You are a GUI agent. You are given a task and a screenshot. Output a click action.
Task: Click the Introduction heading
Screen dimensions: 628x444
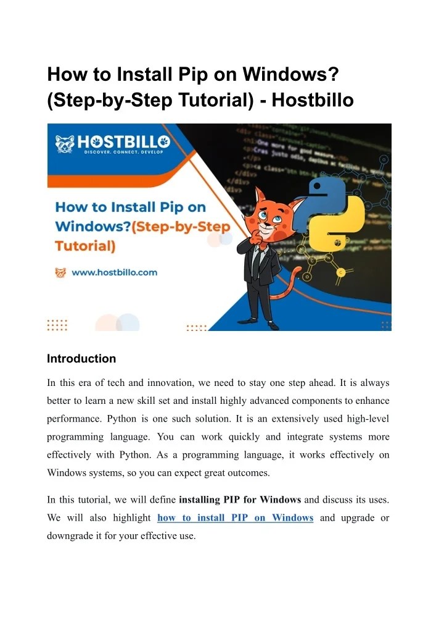pyautogui.click(x=81, y=359)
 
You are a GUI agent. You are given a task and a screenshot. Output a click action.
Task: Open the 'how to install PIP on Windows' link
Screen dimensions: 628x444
pyautogui.click(x=236, y=517)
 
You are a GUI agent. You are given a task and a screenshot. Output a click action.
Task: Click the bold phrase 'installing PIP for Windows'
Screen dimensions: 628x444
pyautogui.click(x=239, y=499)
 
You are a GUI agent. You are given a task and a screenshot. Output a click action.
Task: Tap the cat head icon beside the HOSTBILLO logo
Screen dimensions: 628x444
pyautogui.click(x=64, y=144)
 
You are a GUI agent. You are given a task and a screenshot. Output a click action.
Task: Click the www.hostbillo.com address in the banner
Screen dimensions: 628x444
pyautogui.click(x=114, y=272)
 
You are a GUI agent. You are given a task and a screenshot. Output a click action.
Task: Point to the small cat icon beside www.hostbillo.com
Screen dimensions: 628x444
pyautogui.click(x=60, y=272)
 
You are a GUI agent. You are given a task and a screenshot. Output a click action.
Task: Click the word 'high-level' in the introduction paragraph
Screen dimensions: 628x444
pyautogui.click(x=367, y=419)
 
